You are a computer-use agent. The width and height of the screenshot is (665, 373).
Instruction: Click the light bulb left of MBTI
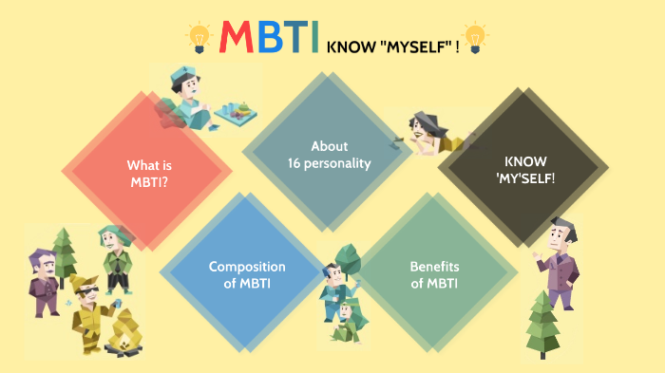pos(199,37)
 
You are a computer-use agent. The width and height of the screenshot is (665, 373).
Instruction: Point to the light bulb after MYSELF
pos(475,37)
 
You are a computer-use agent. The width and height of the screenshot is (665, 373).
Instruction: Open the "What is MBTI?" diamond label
pos(149,172)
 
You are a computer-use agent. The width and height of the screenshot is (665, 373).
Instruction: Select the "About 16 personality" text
pos(330,154)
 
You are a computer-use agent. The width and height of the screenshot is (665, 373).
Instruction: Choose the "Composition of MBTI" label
pos(247,274)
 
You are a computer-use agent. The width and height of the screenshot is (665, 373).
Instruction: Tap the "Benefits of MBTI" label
pos(434,274)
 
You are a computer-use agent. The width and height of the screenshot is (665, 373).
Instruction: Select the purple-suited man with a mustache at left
pos(44,278)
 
